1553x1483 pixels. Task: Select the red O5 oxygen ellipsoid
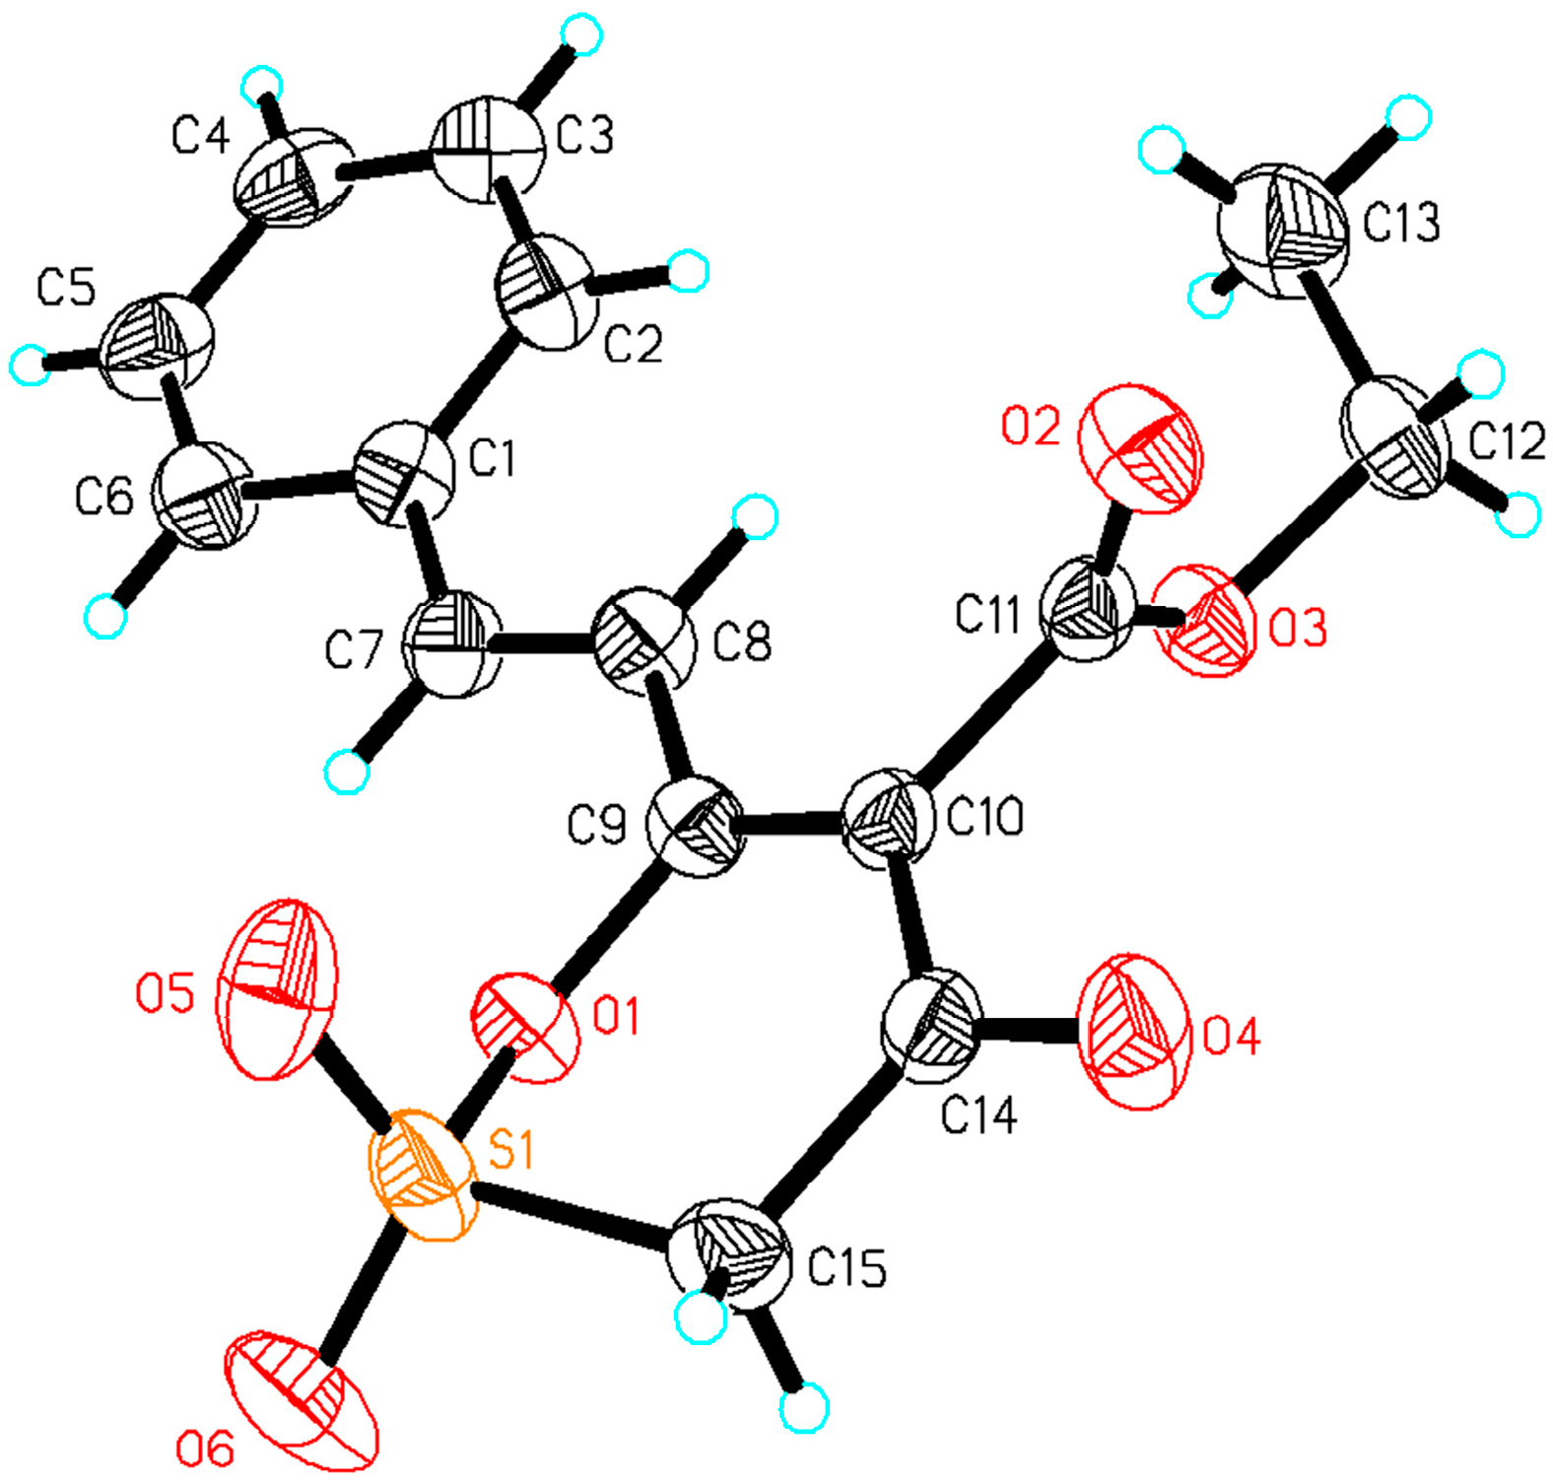click(279, 989)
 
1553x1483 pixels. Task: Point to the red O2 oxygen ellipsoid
click(1141, 449)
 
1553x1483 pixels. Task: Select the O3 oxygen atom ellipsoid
click(1208, 620)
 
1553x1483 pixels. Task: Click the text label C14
click(979, 1116)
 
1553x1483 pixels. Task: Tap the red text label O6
click(205, 1449)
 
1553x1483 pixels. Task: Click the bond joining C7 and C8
click(545, 645)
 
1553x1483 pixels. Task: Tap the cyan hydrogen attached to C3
click(581, 36)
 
